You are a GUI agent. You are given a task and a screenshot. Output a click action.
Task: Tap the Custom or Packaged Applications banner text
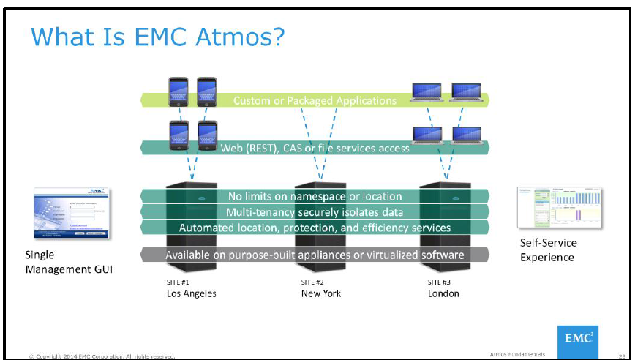pyautogui.click(x=315, y=100)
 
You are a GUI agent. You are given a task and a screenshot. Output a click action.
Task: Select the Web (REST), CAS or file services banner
pyautogui.click(x=315, y=148)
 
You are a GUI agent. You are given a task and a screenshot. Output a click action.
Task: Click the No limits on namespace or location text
pyautogui.click(x=315, y=196)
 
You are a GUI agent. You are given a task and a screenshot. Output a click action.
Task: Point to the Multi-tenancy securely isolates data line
pyautogui.click(x=315, y=212)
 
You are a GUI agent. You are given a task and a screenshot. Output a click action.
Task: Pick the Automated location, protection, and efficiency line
pyautogui.click(x=315, y=228)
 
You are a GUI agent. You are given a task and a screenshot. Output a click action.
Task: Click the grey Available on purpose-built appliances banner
pyautogui.click(x=315, y=255)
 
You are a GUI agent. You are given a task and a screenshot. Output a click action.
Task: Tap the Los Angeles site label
pyautogui.click(x=191, y=293)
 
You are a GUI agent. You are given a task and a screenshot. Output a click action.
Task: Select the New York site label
pyautogui.click(x=320, y=293)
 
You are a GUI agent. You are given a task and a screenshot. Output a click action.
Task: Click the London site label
pyautogui.click(x=443, y=293)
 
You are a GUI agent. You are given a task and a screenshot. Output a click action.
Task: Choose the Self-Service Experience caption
pyautogui.click(x=548, y=250)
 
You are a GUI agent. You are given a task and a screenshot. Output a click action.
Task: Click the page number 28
pyautogui.click(x=622, y=355)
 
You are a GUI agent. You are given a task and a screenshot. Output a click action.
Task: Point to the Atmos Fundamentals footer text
pyautogui.click(x=516, y=355)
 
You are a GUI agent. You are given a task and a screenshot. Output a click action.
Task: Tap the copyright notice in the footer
pyautogui.click(x=102, y=356)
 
